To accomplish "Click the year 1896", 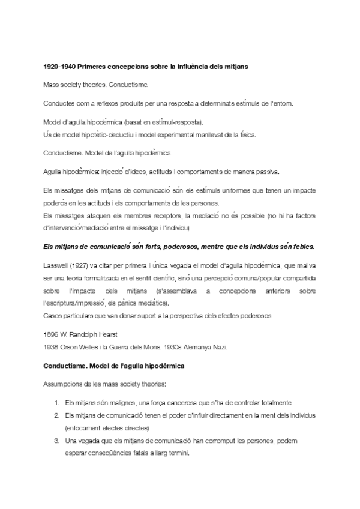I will pyautogui.click(x=52, y=333).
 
